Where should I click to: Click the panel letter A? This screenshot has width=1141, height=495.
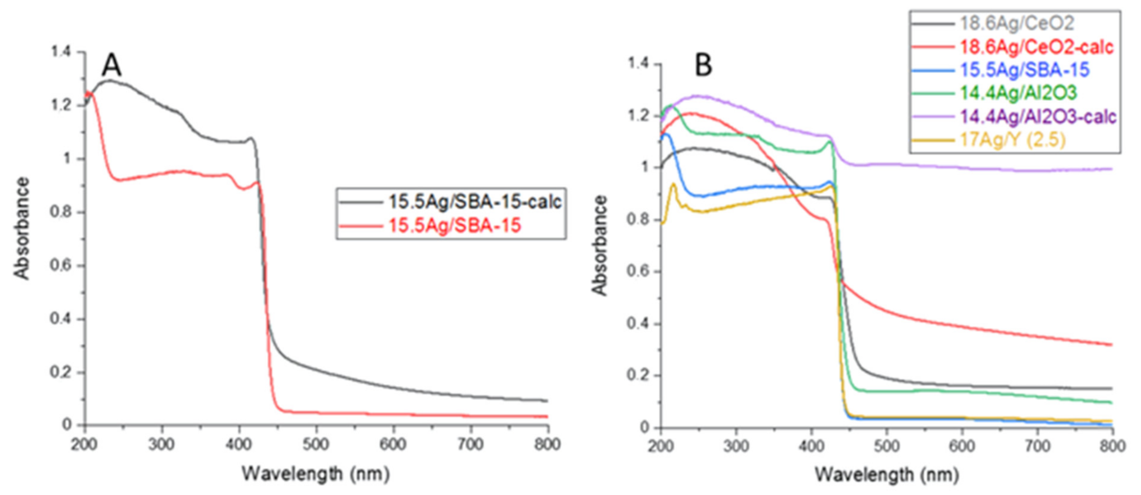pyautogui.click(x=111, y=65)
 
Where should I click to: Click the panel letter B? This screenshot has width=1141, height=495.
pyautogui.click(x=703, y=65)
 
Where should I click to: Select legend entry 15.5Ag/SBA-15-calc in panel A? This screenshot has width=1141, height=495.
pyautogui.click(x=475, y=201)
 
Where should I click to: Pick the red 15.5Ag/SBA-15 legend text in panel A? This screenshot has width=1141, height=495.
pyautogui.click(x=454, y=226)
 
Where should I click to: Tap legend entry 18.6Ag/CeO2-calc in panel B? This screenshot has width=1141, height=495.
pyautogui.click(x=1037, y=47)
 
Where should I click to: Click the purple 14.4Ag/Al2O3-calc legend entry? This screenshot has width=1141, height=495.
pyautogui.click(x=1038, y=117)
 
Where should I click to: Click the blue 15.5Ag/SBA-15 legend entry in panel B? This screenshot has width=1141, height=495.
pyautogui.click(x=1024, y=70)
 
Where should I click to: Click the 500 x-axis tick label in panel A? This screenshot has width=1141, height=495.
pyautogui.click(x=316, y=444)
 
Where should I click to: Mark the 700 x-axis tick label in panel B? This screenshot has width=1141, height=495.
pyautogui.click(x=1037, y=446)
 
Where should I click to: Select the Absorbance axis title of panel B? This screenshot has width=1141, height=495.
pyautogui.click(x=600, y=245)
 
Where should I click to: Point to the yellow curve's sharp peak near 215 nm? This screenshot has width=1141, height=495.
pyautogui.click(x=673, y=184)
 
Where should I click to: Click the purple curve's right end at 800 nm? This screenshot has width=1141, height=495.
pyautogui.click(x=1111, y=169)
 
